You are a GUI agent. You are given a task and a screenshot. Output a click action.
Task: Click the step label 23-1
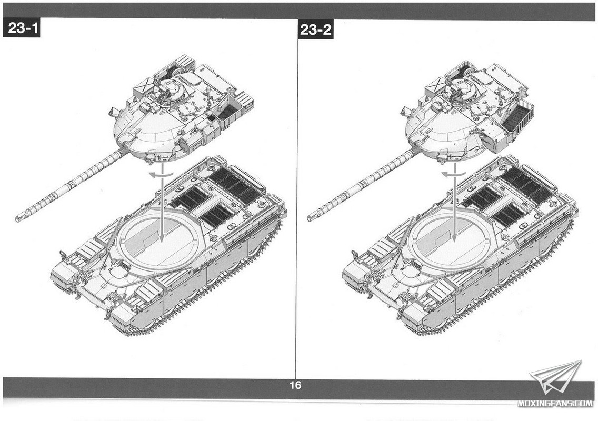(x=22, y=28)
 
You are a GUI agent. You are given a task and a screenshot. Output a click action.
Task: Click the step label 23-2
(x=315, y=29)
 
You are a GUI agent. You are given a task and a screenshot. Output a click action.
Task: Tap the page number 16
(x=295, y=385)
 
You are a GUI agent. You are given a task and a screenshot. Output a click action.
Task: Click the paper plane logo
(x=556, y=377)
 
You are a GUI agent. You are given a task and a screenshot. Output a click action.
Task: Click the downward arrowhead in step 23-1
(x=162, y=237)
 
